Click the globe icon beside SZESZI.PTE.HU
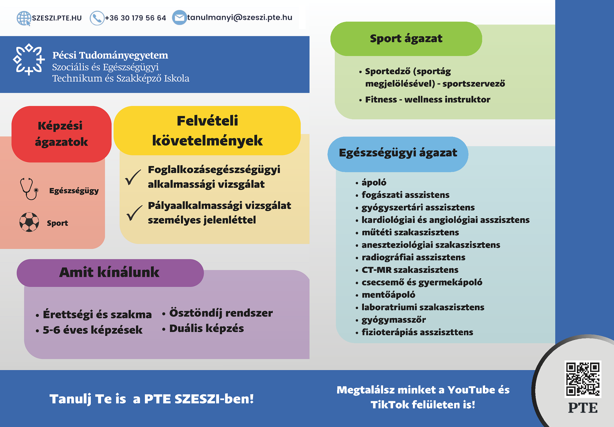[24, 18]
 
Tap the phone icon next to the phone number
[97, 18]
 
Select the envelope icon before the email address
[179, 17]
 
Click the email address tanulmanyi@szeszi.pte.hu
[240, 18]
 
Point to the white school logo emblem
[29, 59]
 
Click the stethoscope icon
[29, 189]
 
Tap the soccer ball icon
[29, 222]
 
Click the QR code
[583, 379]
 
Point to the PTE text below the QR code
[583, 408]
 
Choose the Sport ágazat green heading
[406, 39]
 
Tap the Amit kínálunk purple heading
[110, 273]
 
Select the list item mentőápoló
[388, 295]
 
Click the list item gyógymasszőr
[394, 320]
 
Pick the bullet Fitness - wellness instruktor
[428, 99]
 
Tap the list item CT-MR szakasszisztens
[410, 270]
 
